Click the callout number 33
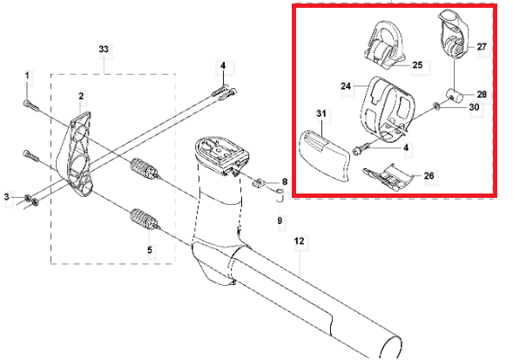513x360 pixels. (x=104, y=49)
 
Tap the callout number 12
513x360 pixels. (x=299, y=241)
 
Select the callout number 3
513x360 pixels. (x=7, y=197)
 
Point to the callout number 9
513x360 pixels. (x=280, y=221)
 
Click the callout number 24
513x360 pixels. (x=346, y=86)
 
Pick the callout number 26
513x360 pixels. (x=429, y=175)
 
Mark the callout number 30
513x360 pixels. (x=474, y=107)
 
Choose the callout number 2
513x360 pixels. (x=81, y=96)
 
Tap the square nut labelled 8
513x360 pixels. (x=259, y=183)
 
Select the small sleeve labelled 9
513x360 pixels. (x=280, y=195)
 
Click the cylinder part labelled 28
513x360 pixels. (x=454, y=96)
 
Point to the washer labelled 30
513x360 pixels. (x=436, y=105)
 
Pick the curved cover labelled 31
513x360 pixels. (x=325, y=155)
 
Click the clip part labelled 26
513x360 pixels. (x=388, y=178)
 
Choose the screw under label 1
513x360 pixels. (x=31, y=105)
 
